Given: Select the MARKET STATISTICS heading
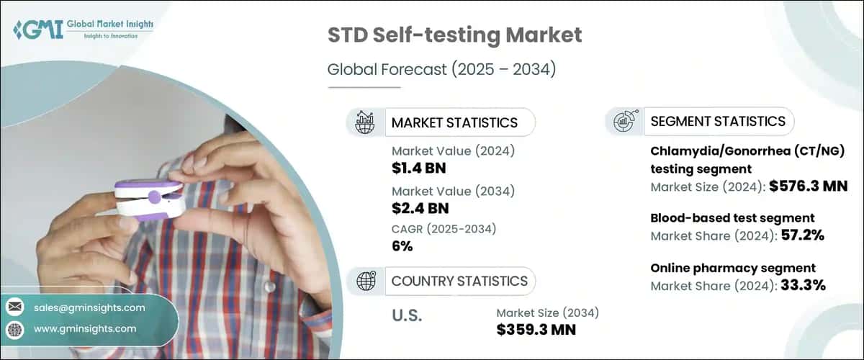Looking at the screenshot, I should [454, 122].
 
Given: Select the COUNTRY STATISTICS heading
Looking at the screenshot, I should [459, 281].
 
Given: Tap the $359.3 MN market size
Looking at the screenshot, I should [536, 330].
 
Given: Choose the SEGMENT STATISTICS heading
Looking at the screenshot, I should [717, 121].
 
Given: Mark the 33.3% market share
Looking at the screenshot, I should [801, 285].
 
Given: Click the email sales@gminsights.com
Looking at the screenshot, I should [89, 307].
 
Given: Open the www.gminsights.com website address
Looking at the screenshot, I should [84, 328].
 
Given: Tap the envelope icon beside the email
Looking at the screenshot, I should [14, 307].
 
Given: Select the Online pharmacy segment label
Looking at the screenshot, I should [733, 268].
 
